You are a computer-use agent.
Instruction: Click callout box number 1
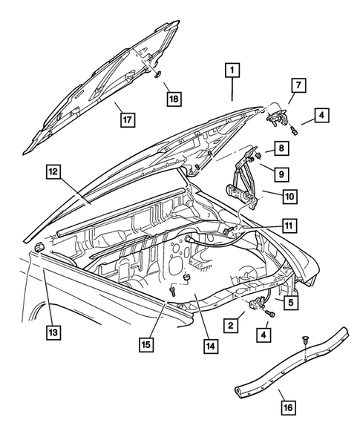pyautogui.click(x=232, y=71)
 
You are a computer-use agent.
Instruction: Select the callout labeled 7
pyautogui.click(x=296, y=87)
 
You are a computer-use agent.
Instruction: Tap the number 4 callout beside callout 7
pyautogui.click(x=321, y=116)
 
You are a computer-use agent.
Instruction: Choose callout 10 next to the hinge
pyautogui.click(x=289, y=197)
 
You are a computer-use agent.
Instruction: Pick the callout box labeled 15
pyautogui.click(x=146, y=344)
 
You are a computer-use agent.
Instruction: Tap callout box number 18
pyautogui.click(x=173, y=99)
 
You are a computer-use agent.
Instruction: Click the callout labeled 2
pyautogui.click(x=232, y=325)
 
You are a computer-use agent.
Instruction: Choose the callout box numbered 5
pyautogui.click(x=291, y=303)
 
